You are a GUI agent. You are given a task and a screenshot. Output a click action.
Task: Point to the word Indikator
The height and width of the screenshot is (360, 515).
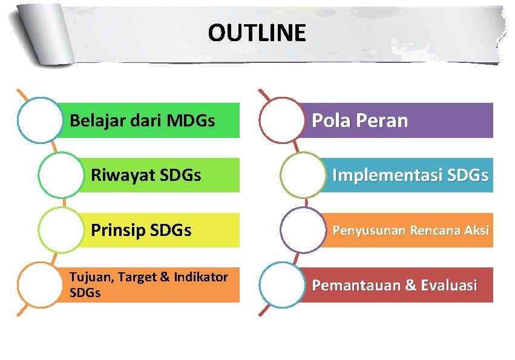[x=200, y=278]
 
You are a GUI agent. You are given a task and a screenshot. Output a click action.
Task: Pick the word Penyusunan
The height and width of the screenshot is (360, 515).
[x=369, y=231]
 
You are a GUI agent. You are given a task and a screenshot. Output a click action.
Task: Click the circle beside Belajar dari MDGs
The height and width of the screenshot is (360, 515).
[x=40, y=120]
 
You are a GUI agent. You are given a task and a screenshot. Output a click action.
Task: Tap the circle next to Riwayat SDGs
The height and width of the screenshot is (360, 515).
[x=60, y=175]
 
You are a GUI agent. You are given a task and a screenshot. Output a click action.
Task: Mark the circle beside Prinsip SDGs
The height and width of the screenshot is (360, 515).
[x=60, y=230]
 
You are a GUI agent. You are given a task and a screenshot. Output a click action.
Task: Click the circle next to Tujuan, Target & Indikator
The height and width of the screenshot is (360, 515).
[x=40, y=284]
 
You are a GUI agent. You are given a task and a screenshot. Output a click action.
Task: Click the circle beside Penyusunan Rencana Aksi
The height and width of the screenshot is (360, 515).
[x=303, y=230]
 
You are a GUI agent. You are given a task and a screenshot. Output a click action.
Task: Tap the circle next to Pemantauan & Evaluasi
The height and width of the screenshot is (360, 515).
[x=281, y=284]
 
